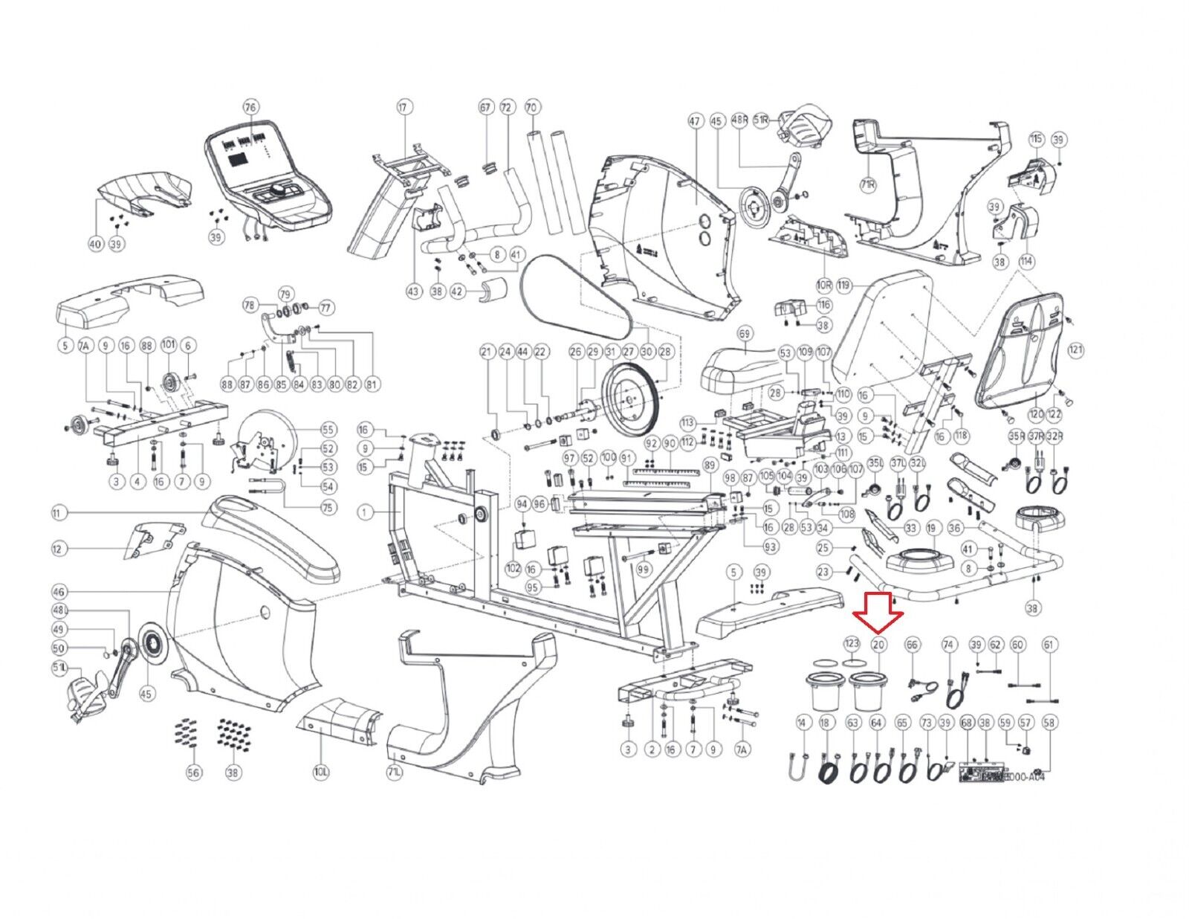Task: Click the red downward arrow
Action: pos(878,610)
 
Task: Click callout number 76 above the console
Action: pos(250,107)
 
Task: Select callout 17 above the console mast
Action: pos(404,107)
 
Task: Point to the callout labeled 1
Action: pos(365,512)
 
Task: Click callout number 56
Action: pos(194,773)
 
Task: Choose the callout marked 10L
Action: pos(321,773)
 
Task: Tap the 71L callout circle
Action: pos(395,773)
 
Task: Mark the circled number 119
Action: pos(843,285)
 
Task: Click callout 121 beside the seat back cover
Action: pos(1075,349)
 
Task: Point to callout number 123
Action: pos(852,644)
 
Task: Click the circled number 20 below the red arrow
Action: pos(878,644)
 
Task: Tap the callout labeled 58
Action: pos(1049,722)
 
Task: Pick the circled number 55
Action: pos(328,430)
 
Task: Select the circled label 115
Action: pos(1036,139)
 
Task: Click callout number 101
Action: pos(169,345)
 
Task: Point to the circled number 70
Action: pos(531,107)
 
